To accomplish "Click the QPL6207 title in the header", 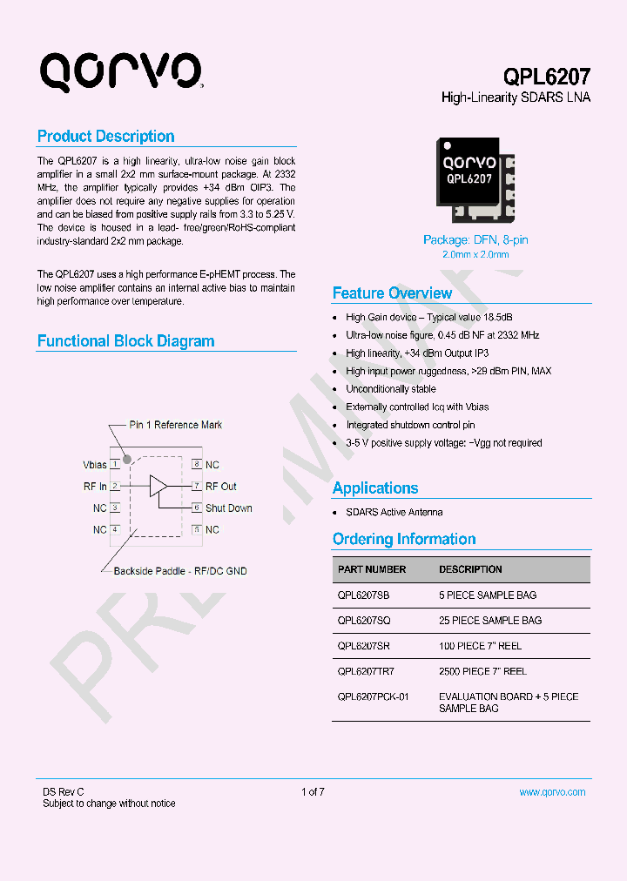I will click(x=547, y=77).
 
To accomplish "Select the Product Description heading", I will click(x=105, y=137).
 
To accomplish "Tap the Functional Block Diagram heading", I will click(x=125, y=341).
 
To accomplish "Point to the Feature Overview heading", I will click(x=392, y=293).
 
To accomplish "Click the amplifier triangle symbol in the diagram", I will click(x=158, y=486).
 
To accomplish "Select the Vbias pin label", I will click(x=95, y=465).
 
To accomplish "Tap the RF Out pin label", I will click(x=221, y=487).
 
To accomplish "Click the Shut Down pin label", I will click(x=228, y=508).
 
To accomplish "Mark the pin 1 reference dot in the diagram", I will click(x=126, y=459).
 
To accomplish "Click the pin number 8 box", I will click(x=198, y=465).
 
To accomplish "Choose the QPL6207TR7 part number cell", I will click(x=366, y=671).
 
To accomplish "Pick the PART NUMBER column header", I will click(x=372, y=569).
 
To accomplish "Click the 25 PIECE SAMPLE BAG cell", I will click(x=489, y=621).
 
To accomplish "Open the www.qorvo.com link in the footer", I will click(x=552, y=792).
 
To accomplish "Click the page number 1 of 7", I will click(x=313, y=792).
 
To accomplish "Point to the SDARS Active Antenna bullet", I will click(x=394, y=512).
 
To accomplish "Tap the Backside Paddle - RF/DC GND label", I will click(x=180, y=571).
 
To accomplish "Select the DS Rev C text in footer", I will click(x=64, y=792).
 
